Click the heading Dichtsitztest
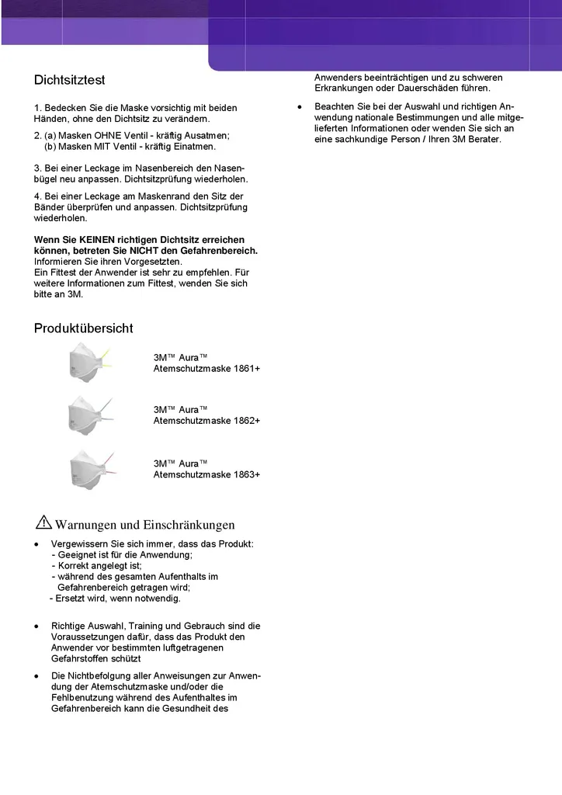(x=69, y=80)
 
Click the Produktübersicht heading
(x=83, y=328)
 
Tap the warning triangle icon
(x=43, y=522)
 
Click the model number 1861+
(x=246, y=368)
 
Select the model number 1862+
(x=246, y=420)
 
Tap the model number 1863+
(x=246, y=474)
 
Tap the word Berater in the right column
(x=484, y=139)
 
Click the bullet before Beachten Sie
(x=300, y=106)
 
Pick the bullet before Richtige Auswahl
(x=36, y=626)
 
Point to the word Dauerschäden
(x=431, y=89)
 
